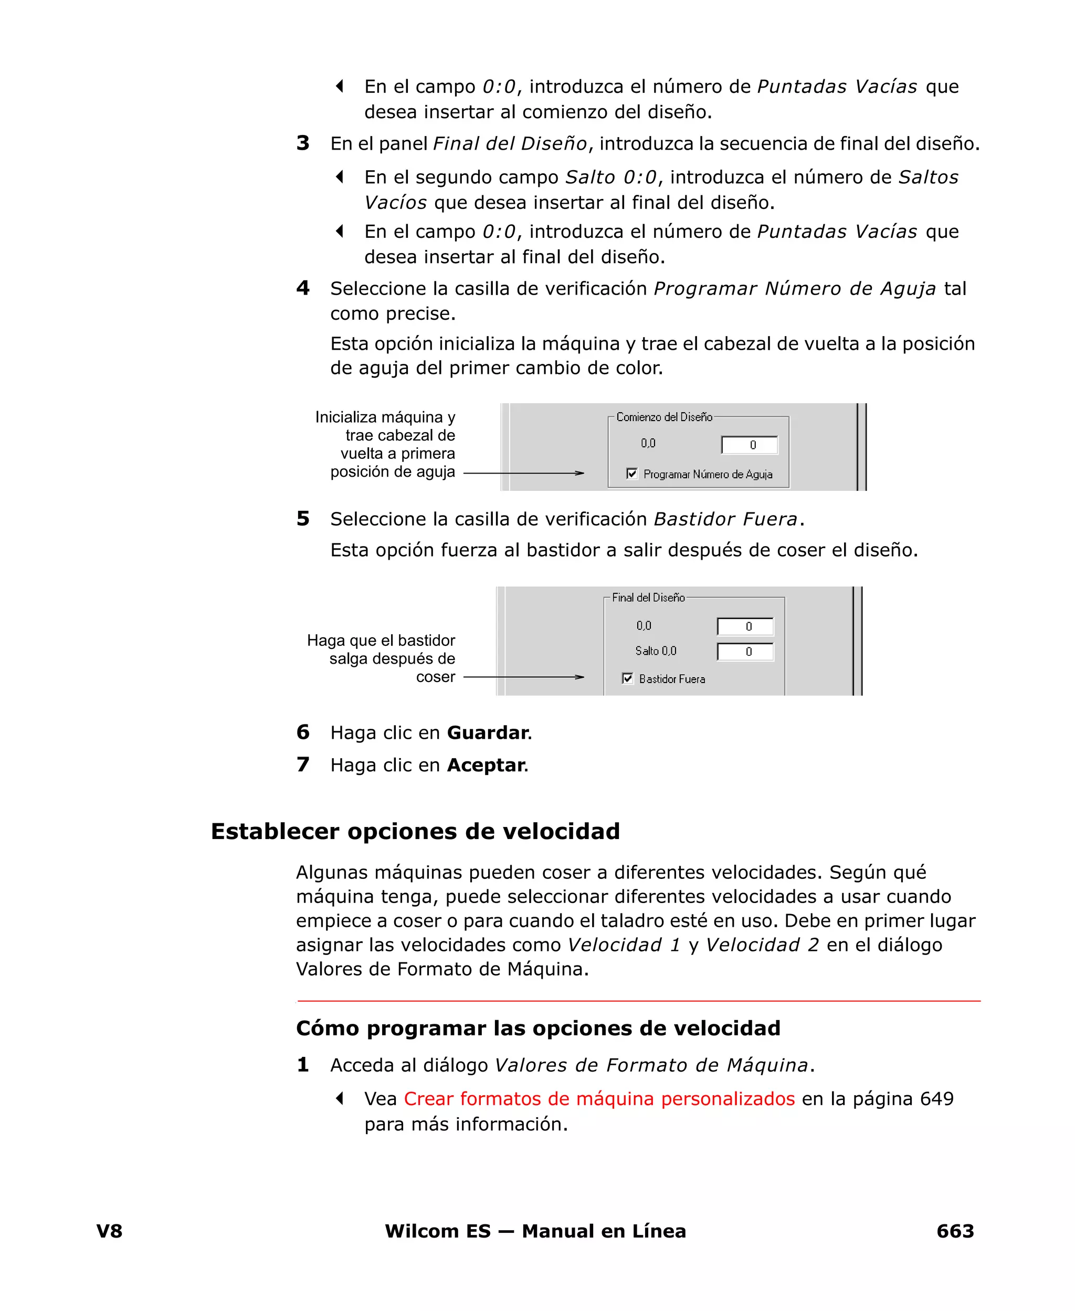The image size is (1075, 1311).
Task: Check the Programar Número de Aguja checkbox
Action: (631, 474)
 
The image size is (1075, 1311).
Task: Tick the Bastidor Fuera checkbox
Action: (627, 678)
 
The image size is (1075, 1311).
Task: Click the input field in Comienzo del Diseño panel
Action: (749, 445)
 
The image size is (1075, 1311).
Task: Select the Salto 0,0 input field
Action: (745, 652)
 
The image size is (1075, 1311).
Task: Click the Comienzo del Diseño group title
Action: (664, 417)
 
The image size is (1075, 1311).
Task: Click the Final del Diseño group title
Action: (648, 597)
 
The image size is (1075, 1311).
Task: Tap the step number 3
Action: (303, 143)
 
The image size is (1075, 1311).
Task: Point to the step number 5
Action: (303, 518)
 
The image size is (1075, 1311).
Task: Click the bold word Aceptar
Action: (486, 765)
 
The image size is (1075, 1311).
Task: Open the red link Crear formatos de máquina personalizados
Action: (599, 1098)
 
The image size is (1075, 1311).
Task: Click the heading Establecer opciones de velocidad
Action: (415, 831)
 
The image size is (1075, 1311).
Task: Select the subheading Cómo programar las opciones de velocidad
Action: (537, 1028)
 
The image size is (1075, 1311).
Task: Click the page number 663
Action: (955, 1231)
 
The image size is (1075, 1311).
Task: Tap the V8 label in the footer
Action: (110, 1231)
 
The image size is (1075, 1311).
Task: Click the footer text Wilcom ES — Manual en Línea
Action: (535, 1231)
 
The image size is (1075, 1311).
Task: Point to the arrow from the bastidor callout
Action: (523, 677)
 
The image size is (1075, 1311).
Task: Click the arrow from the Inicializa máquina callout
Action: (523, 473)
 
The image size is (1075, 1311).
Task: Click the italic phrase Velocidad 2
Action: (762, 945)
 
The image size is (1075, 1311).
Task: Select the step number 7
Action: (303, 765)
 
